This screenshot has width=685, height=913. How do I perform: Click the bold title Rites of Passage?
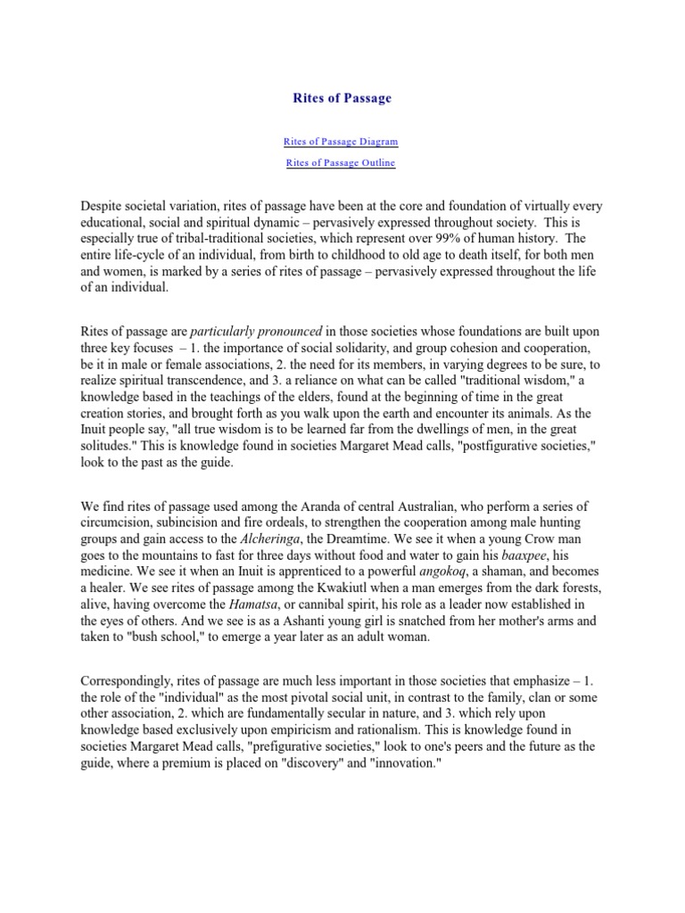point(342,98)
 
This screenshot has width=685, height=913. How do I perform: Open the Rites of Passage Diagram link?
point(341,141)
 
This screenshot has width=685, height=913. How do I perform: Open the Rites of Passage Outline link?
point(341,163)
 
